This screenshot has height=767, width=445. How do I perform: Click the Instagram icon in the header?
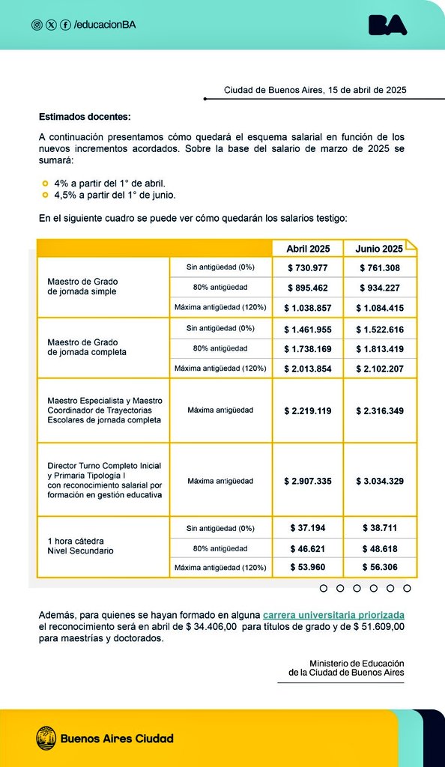point(37,25)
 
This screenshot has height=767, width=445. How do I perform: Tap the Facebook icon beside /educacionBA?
point(65,25)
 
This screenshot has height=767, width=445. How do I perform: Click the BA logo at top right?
point(388,25)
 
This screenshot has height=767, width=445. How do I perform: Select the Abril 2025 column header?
point(308,249)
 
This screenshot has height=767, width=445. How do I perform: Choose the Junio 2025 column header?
point(379,249)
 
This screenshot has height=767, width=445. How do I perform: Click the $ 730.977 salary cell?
point(308,267)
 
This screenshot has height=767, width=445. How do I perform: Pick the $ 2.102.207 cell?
point(379,369)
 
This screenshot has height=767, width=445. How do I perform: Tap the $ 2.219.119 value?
point(308,410)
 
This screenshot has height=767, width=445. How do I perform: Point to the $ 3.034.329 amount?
point(379,481)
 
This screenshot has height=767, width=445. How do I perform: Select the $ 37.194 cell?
point(308,528)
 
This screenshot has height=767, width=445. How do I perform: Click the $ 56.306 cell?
point(379,568)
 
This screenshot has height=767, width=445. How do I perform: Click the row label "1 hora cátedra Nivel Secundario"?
point(81,545)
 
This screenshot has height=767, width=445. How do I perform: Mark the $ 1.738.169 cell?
point(308,348)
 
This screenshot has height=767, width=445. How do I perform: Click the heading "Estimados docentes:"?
point(85,117)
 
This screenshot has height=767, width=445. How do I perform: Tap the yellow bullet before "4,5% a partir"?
point(45,195)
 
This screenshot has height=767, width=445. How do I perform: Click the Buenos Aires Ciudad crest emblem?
point(46,738)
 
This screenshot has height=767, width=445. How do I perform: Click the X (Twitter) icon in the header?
point(51,25)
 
